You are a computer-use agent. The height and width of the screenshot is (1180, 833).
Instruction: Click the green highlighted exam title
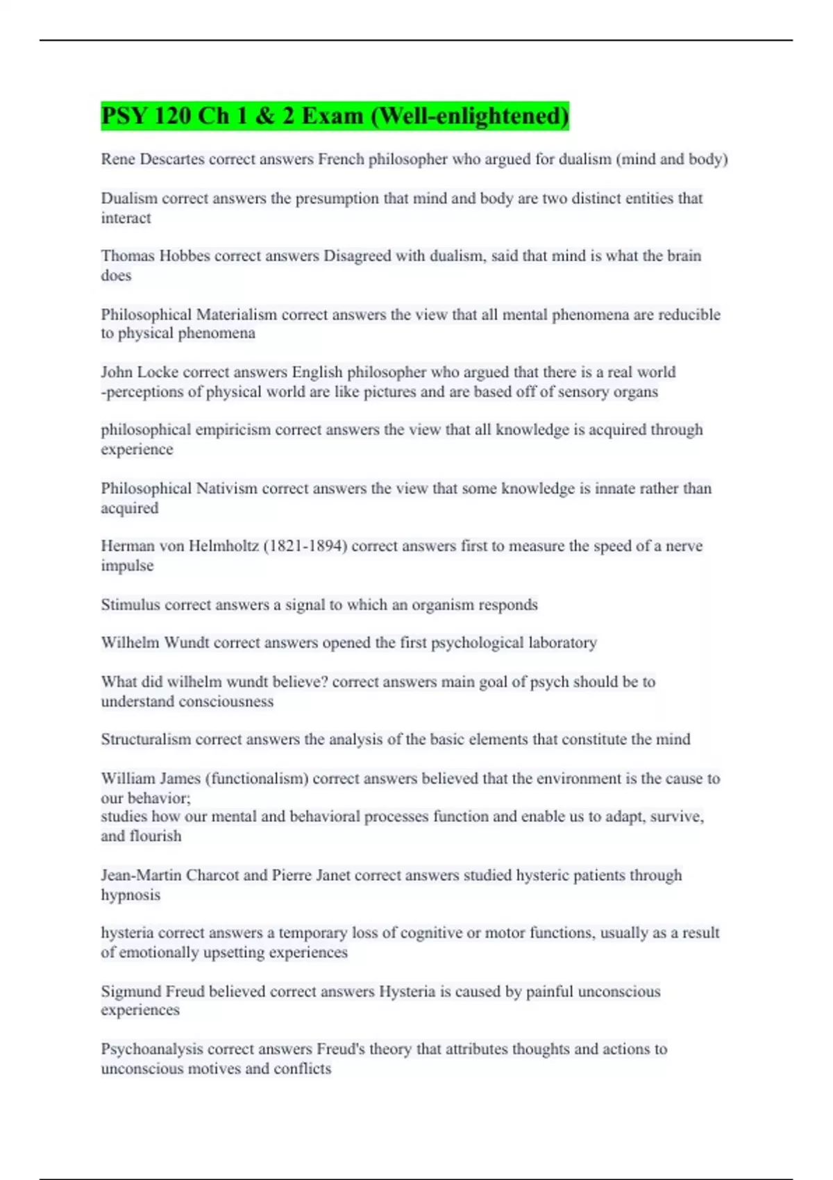(335, 116)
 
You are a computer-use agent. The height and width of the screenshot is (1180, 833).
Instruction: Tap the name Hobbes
(185, 256)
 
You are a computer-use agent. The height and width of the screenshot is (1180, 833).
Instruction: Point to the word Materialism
(237, 314)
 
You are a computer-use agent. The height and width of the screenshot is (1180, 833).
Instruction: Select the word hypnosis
(131, 895)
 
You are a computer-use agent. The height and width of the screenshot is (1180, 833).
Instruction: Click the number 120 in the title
(172, 116)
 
